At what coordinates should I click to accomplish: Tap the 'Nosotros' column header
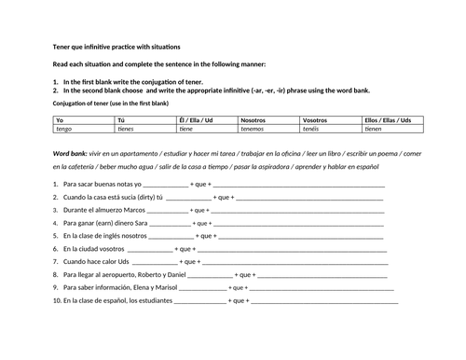click(x=253, y=120)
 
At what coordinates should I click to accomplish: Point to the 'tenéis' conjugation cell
click(x=314, y=130)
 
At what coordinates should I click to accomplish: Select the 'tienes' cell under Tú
click(x=126, y=130)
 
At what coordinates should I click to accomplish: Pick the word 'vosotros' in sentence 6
click(x=116, y=250)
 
